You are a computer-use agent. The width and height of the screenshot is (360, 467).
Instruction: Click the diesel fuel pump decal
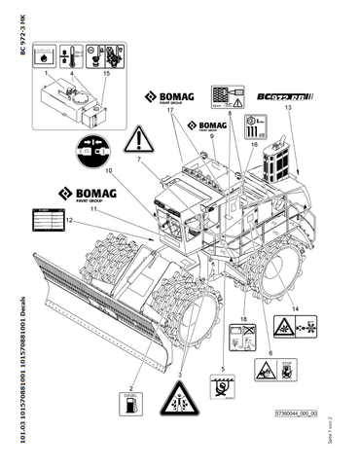click(128, 405)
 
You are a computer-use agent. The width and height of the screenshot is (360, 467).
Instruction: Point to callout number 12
click(71, 222)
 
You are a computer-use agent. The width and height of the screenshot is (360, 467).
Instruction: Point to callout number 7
click(139, 160)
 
